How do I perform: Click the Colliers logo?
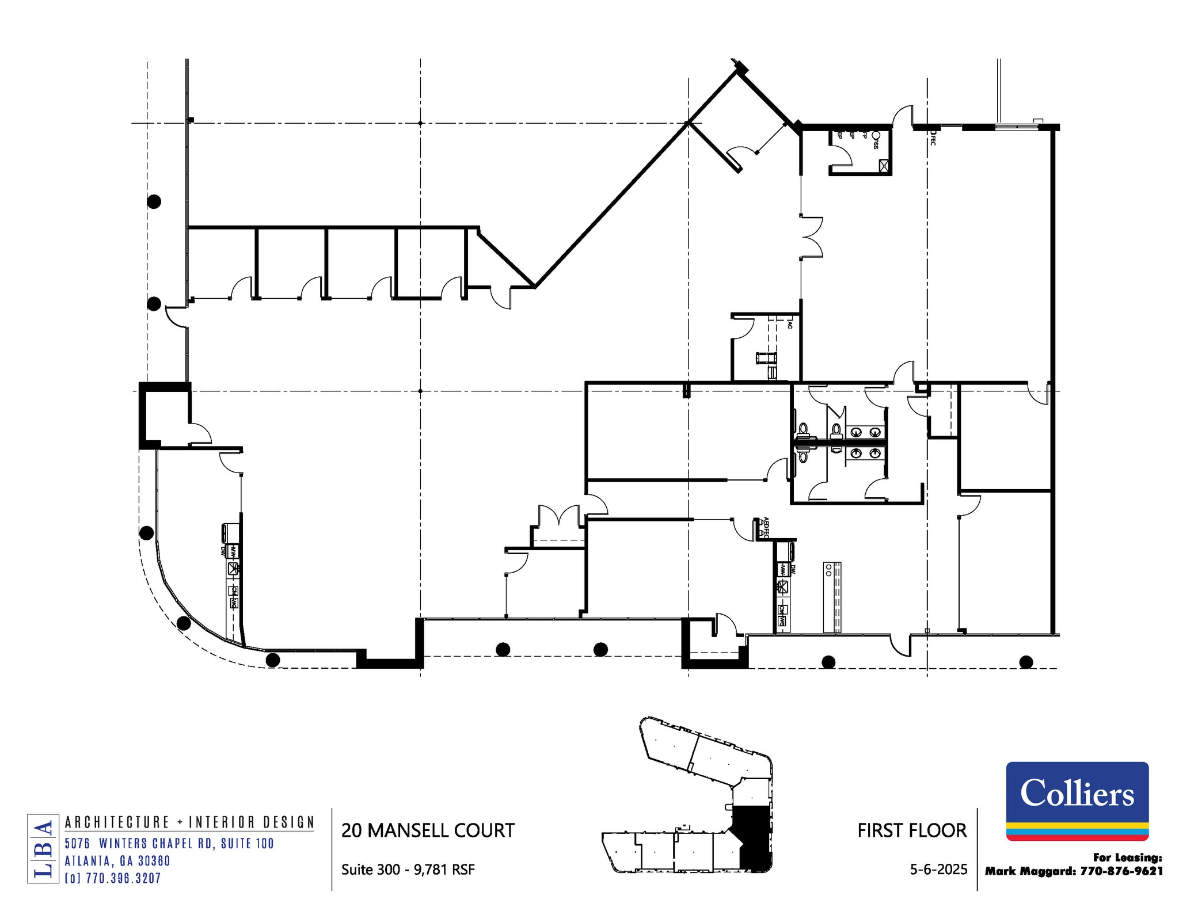[x=1077, y=801]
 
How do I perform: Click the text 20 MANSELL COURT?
[x=428, y=830]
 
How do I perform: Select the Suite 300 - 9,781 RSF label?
[x=408, y=869]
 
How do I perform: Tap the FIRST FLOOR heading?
[x=912, y=830]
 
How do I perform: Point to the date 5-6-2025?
[x=938, y=869]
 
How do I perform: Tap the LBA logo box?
[x=43, y=848]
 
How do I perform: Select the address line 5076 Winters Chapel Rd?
[x=169, y=844]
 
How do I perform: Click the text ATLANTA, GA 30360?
[x=117, y=861]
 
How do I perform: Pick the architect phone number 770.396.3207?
[x=113, y=878]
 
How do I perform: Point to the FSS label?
[x=876, y=143]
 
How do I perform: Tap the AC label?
[x=790, y=325]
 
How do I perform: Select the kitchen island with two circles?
[x=832, y=597]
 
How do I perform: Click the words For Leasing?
[x=1127, y=857]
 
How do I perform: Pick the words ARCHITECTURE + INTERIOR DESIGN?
[x=189, y=822]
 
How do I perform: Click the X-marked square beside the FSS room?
[x=884, y=166]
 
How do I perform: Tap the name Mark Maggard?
[x=1030, y=871]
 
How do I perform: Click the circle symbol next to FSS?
[x=876, y=135]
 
